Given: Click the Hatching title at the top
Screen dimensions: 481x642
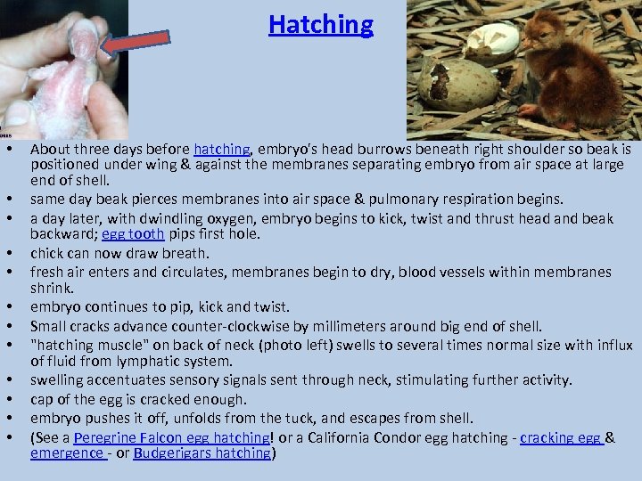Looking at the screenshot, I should point(321,24).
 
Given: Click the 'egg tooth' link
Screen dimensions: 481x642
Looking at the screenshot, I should point(132,234).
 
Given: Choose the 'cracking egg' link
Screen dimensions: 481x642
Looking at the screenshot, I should point(561,437).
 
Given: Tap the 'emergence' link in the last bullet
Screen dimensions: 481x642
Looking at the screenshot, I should point(68,453).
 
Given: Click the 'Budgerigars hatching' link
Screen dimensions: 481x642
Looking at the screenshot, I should point(202,453).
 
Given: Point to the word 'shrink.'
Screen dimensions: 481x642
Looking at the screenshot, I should point(52,289).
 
